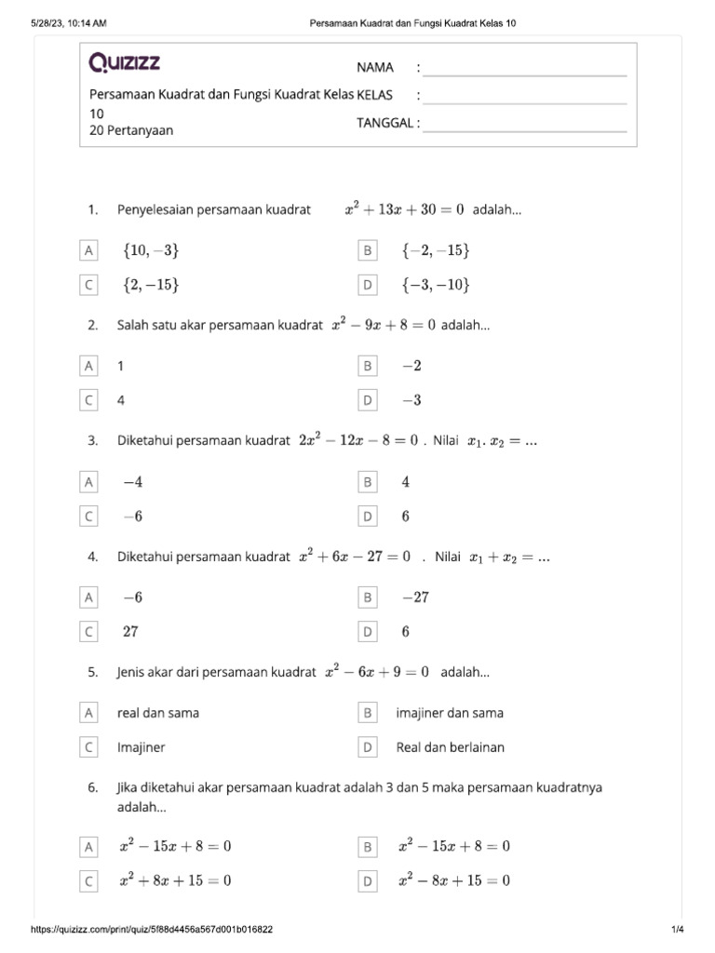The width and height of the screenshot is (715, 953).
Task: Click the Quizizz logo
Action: (125, 63)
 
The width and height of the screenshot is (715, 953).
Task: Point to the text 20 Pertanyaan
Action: (131, 130)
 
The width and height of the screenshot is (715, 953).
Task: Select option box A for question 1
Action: (88, 251)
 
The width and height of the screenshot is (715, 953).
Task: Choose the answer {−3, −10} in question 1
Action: (436, 285)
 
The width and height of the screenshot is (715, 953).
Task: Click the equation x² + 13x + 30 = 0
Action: (404, 210)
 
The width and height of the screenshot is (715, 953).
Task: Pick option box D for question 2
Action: (368, 400)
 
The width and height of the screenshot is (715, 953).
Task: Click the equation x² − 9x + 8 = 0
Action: (384, 326)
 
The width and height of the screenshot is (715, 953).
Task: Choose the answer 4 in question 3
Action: (406, 482)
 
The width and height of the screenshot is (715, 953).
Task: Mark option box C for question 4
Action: (88, 632)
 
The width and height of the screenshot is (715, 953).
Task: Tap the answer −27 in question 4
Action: (415, 597)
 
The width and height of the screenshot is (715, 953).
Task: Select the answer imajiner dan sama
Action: (450, 713)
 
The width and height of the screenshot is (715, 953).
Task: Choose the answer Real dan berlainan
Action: (451, 747)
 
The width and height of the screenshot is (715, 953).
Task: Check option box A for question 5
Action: (88, 713)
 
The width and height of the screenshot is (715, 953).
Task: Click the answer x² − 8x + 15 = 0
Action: (453, 880)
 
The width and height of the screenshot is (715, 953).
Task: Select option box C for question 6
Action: (88, 880)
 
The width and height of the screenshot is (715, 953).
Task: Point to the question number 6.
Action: (93, 787)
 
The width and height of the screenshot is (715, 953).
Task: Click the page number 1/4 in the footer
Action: (677, 930)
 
